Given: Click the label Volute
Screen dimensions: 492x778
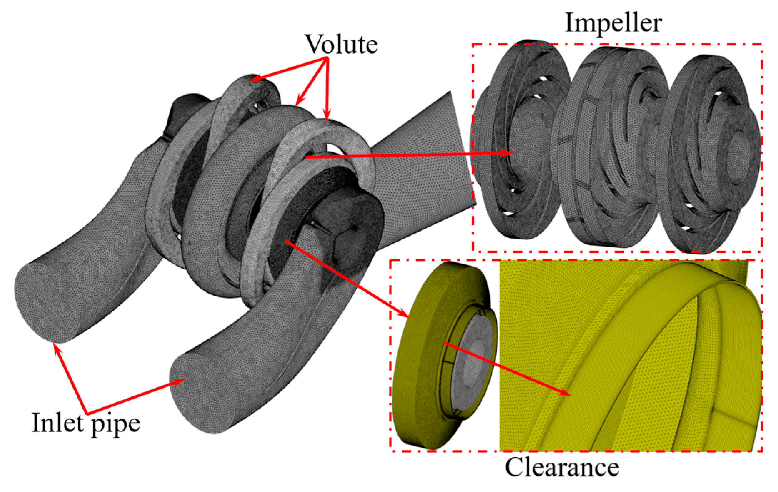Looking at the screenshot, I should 341,44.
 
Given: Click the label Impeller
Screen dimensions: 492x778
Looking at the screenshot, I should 613,23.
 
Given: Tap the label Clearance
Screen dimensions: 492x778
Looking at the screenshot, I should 562,467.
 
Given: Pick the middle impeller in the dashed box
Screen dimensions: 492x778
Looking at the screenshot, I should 611,150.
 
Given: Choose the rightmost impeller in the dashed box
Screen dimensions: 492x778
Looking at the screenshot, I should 711,153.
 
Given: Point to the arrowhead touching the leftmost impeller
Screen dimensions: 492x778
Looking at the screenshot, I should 509,153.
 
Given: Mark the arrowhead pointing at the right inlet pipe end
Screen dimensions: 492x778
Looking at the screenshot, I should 180,381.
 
